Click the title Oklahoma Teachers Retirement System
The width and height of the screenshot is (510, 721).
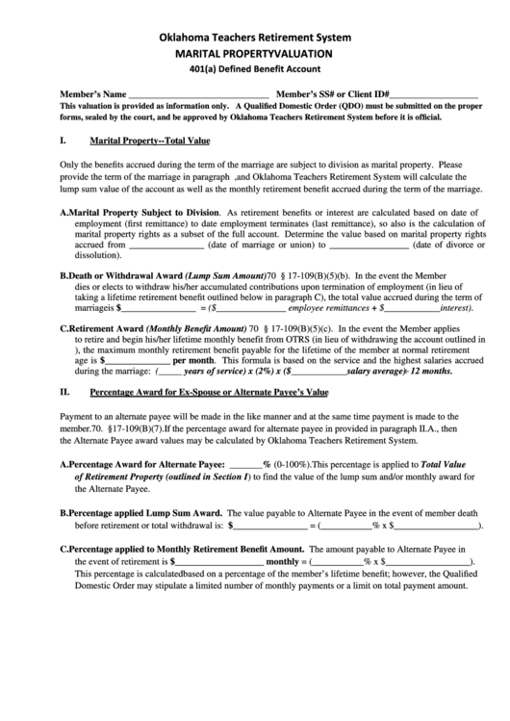pos(255,37)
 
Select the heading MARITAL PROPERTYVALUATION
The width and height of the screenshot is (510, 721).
pos(255,54)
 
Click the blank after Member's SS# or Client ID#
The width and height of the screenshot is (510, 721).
pos(434,94)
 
